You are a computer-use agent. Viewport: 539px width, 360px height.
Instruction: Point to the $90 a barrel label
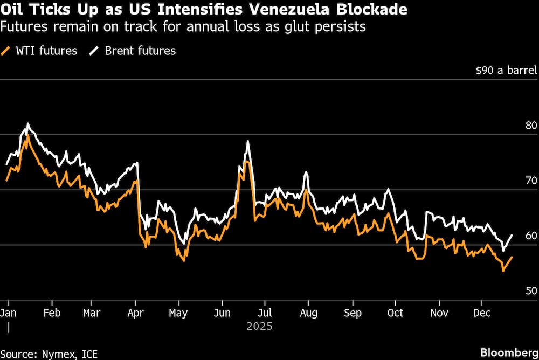coord(506,71)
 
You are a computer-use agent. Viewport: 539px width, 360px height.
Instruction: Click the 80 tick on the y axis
coord(531,126)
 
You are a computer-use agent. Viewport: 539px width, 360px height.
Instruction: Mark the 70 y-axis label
coord(531,181)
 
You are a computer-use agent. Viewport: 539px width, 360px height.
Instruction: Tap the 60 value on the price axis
coord(531,236)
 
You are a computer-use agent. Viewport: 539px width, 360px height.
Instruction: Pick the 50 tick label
coord(531,291)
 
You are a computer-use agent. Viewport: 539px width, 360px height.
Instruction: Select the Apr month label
coord(136,313)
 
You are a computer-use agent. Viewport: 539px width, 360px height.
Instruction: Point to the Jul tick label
coord(265,313)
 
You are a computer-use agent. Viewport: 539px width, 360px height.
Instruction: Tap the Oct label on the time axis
coord(395,313)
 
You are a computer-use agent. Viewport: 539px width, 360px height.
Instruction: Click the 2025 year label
coord(259,326)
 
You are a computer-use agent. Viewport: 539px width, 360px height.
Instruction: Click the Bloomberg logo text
coord(508,352)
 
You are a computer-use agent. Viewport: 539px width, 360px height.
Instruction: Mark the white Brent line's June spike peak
coord(247,141)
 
